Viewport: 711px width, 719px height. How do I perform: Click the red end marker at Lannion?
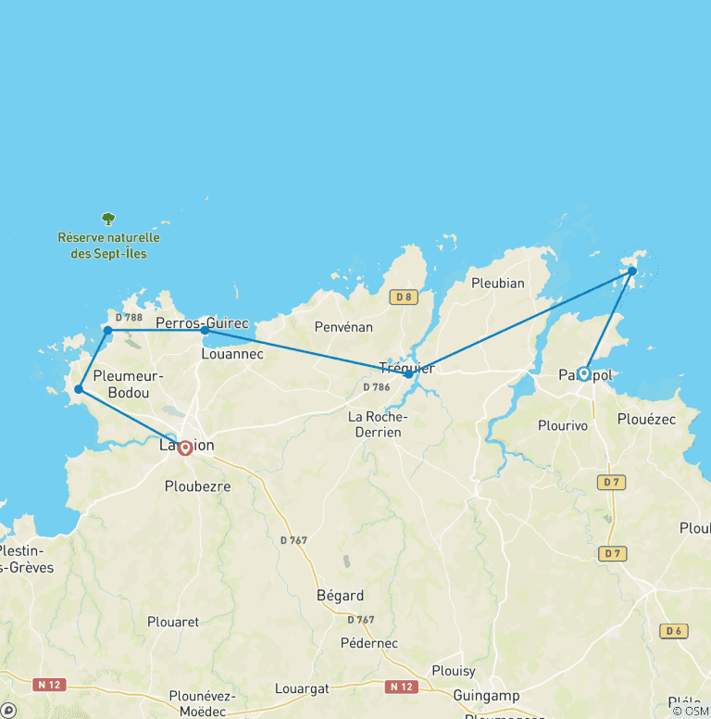tap(184, 448)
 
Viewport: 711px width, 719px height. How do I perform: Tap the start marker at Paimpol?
tap(583, 373)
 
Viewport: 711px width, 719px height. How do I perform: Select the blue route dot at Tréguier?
tap(408, 373)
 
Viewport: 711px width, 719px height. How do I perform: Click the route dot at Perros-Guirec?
tap(205, 330)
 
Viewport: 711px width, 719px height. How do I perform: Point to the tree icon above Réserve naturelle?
tap(108, 220)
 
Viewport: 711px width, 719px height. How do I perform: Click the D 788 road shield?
tap(129, 318)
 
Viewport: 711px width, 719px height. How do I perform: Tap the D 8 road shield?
tap(401, 297)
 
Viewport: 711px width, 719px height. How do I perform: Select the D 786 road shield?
tap(376, 386)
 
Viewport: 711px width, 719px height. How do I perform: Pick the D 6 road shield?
tap(673, 631)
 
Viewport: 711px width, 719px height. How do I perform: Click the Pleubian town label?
tap(497, 283)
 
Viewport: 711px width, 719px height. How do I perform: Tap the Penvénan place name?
tap(343, 327)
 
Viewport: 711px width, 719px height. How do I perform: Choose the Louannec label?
tap(232, 353)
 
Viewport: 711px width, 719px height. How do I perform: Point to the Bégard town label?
tap(340, 596)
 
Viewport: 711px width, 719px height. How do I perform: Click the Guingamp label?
tap(487, 695)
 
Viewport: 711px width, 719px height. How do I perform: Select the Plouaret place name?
tap(173, 622)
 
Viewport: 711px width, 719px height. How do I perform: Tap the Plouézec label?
tap(646, 419)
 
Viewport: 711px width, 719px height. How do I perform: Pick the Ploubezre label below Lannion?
tap(197, 486)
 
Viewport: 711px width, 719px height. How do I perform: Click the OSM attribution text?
tap(691, 711)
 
